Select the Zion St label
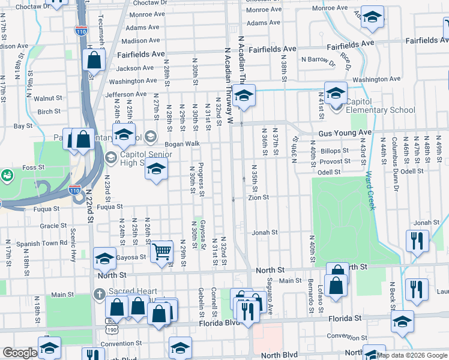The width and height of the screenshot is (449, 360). pyautogui.click(x=259, y=197)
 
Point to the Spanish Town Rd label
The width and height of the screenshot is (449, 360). pyautogui.click(x=41, y=243)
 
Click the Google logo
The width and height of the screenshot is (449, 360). pyautogui.click(x=20, y=353)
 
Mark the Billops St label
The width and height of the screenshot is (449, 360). pyautogui.click(x=335, y=151)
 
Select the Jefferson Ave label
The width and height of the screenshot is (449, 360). pyautogui.click(x=125, y=94)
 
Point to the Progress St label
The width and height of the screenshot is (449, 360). pyautogui.click(x=202, y=179)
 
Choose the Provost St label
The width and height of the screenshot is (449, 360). pyautogui.click(x=335, y=161)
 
